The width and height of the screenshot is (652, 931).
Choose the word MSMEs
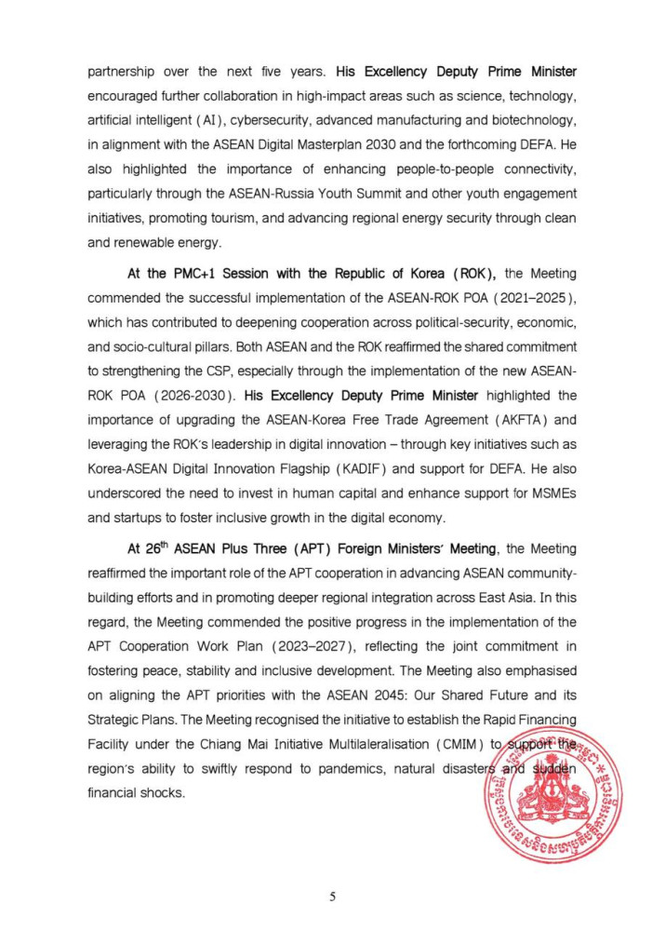547,494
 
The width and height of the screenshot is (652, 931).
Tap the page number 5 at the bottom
332,897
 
